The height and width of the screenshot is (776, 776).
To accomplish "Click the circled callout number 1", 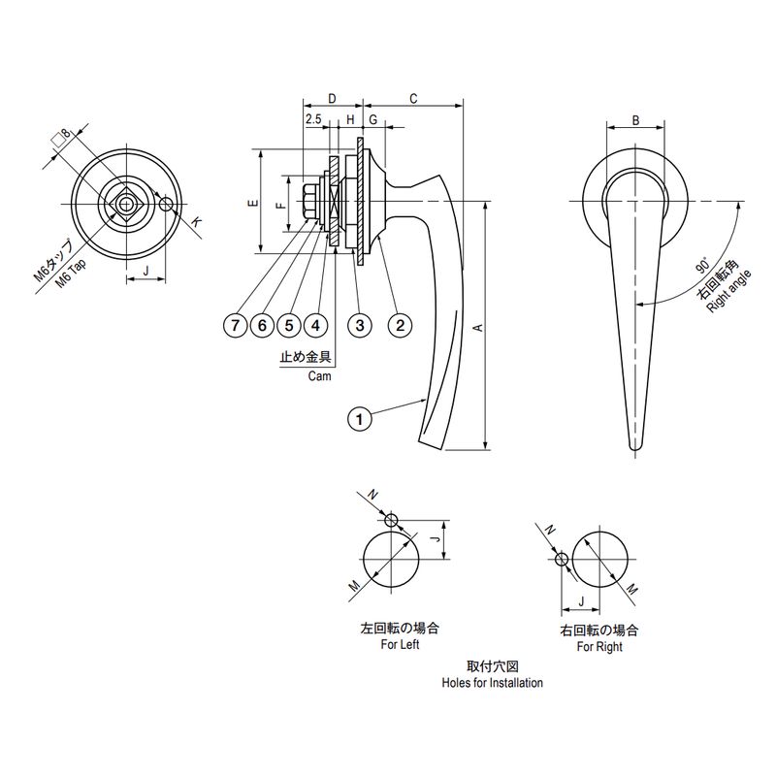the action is [x=359, y=419].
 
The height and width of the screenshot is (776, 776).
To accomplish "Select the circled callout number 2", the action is [x=400, y=325].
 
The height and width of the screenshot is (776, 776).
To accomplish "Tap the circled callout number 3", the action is [x=360, y=325].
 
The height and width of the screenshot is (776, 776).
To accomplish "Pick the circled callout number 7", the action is [x=235, y=325].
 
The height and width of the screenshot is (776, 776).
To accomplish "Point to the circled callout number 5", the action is [x=289, y=325].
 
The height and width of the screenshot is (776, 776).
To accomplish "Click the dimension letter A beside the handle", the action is [x=478, y=327].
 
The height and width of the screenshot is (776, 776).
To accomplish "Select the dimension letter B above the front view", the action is [x=636, y=120].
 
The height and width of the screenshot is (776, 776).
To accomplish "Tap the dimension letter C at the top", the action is [x=414, y=99].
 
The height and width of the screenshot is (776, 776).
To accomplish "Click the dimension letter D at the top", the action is [x=332, y=99].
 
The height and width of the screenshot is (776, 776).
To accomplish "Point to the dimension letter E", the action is [x=254, y=203].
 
